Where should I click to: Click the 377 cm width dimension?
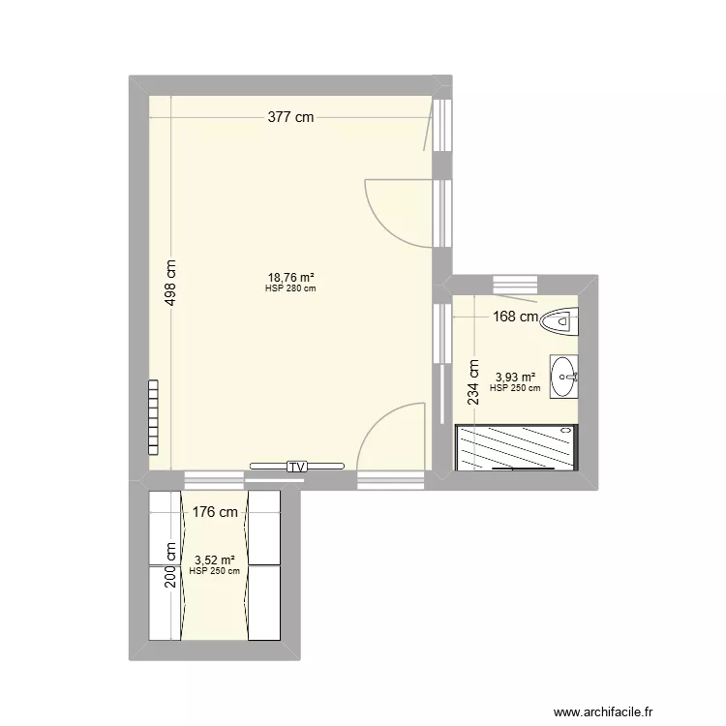[291, 118]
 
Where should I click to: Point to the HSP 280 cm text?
[290, 287]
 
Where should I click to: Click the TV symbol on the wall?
[296, 467]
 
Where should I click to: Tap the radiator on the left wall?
[154, 417]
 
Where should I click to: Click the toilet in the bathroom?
[560, 320]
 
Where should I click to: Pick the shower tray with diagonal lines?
[515, 447]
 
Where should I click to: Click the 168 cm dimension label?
[514, 316]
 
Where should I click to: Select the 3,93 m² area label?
[515, 377]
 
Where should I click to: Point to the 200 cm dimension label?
[171, 565]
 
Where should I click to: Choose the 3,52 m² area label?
[214, 560]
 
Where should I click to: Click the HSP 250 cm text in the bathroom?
[515, 388]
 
